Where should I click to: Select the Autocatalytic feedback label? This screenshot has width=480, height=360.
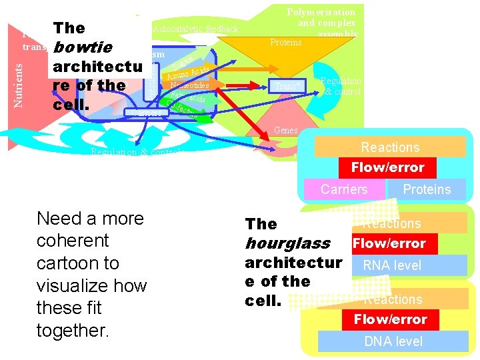tap(195, 29)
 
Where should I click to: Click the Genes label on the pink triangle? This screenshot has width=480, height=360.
tap(285, 131)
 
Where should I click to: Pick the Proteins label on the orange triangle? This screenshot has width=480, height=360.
tap(285, 42)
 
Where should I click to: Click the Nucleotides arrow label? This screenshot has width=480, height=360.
tap(189, 85)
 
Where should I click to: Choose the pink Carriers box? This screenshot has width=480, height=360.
tap(344, 189)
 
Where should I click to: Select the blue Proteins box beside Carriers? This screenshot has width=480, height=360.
tap(427, 189)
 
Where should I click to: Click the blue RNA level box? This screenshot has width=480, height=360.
tap(392, 265)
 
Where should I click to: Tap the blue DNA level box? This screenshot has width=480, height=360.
tap(393, 341)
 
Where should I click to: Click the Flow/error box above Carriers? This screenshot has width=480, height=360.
tap(388, 167)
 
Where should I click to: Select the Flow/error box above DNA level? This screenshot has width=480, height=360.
tap(390, 319)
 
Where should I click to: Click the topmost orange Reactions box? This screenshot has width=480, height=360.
tap(390, 147)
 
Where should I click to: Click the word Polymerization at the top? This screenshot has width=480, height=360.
tap(321, 12)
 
